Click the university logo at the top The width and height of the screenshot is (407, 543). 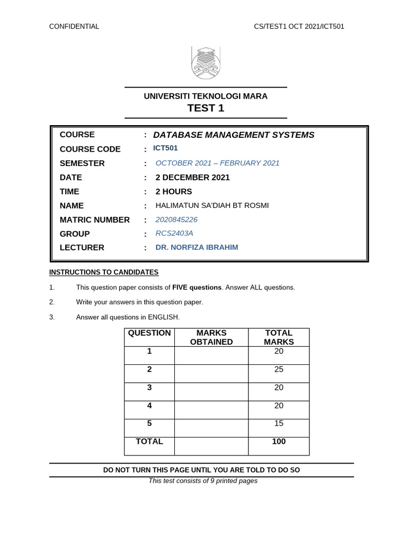coord(206,63)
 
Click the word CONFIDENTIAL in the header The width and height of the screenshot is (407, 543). coord(74,27)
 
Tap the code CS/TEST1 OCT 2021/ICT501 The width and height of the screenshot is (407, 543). coord(299,27)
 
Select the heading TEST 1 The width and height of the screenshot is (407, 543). coord(206,108)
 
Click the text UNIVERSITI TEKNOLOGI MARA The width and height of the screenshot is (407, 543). coord(206,96)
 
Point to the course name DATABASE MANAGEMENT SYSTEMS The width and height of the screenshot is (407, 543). coord(233,135)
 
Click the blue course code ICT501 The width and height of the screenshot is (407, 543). coord(165,148)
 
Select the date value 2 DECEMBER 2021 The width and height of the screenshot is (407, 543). coord(192,177)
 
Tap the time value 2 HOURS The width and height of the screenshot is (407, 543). coord(174,191)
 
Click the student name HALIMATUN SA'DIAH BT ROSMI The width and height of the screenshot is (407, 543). coord(212,205)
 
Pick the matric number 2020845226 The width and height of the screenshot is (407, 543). coord(176,220)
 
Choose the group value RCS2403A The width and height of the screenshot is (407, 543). coord(174,233)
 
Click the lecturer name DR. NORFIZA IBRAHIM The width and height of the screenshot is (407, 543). coord(197,247)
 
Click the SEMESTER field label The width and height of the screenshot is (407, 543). coord(82,163)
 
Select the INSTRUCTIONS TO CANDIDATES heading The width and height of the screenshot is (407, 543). coord(104,272)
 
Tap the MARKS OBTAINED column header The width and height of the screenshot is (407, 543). coord(211,337)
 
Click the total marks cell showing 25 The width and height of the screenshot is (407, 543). coord(279,370)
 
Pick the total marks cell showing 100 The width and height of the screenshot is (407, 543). coord(279,442)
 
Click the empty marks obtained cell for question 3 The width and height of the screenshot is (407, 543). coord(211,391)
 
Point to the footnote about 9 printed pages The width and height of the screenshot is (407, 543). coord(203,481)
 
